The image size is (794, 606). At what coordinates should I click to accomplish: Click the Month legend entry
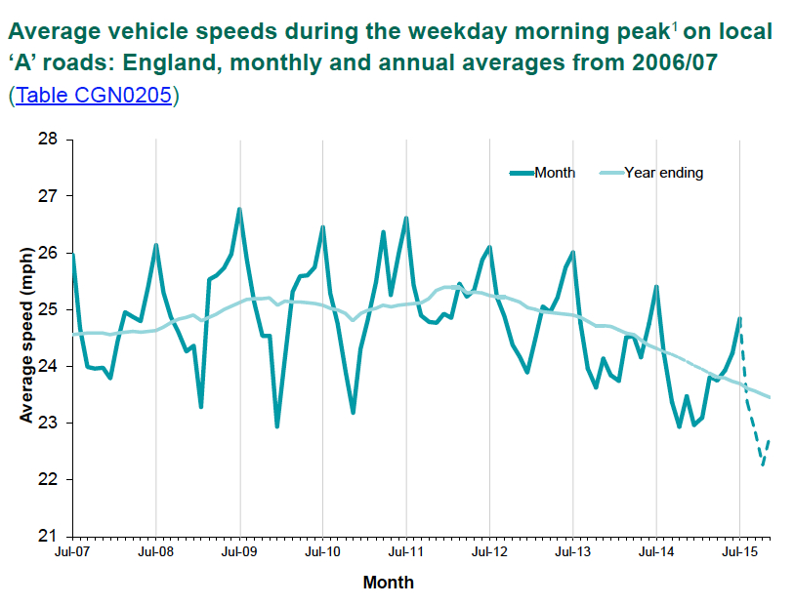pyautogui.click(x=555, y=173)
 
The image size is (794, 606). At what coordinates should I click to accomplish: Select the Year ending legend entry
pyautogui.click(x=664, y=173)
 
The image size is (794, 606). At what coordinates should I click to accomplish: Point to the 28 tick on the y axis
pyautogui.click(x=49, y=140)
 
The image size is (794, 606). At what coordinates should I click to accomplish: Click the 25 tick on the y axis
pyautogui.click(x=49, y=309)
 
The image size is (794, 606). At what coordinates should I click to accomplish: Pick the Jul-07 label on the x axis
pyautogui.click(x=72, y=552)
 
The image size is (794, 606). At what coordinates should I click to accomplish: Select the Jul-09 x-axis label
pyautogui.click(x=239, y=552)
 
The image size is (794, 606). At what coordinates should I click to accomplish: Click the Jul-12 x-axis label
pyautogui.click(x=490, y=552)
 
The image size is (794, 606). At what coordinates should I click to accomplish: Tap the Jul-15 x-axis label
pyautogui.click(x=740, y=552)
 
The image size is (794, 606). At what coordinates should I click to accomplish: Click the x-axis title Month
pyautogui.click(x=388, y=584)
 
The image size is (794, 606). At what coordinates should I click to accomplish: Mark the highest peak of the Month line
pyautogui.click(x=239, y=208)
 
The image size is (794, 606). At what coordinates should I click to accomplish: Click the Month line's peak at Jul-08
pyautogui.click(x=156, y=244)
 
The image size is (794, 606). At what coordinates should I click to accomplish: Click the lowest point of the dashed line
pyautogui.click(x=763, y=465)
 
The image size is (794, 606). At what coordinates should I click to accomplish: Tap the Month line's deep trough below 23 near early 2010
pyautogui.click(x=277, y=426)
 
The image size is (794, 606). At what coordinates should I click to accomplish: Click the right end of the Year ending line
pyautogui.click(x=770, y=397)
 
